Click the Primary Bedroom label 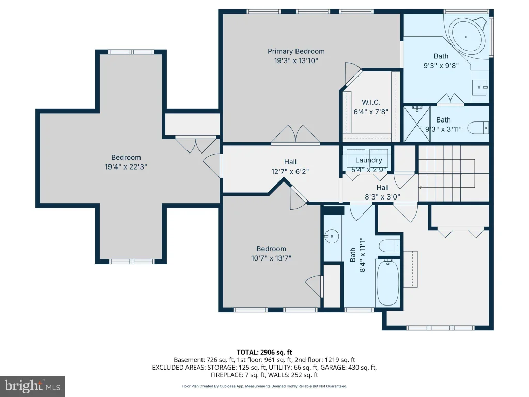click(296, 51)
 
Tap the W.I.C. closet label click(371, 102)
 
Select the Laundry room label click(368, 160)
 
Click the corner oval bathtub click(466, 37)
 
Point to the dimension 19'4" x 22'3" click(126, 167)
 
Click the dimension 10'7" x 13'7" click(271, 258)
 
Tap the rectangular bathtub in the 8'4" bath click(387, 283)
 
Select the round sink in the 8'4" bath click(332, 236)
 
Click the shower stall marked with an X click(417, 124)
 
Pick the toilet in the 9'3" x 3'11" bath click(478, 128)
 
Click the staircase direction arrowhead click(421, 187)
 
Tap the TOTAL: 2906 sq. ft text click(264, 353)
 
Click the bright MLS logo click(32, 386)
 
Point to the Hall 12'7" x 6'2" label click(290, 167)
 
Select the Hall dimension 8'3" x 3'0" click(383, 197)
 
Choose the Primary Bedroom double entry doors click(295, 134)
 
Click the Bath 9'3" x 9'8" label click(441, 61)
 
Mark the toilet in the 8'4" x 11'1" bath click(390, 246)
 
